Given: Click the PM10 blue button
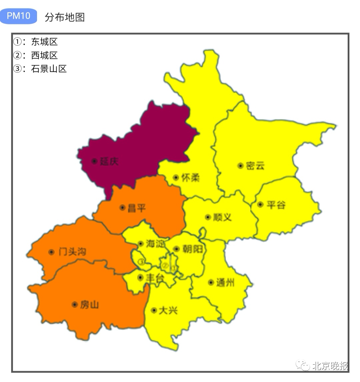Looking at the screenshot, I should [18, 16].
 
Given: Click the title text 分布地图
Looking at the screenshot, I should [65, 17].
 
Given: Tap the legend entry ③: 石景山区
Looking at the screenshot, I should [40, 69].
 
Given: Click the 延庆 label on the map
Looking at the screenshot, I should [109, 161].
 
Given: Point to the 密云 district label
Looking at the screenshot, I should [255, 165].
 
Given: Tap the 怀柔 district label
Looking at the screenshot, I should [190, 177].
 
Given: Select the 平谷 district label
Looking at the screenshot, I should [276, 205].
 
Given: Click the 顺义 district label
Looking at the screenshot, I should [222, 217].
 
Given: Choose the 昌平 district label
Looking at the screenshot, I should [137, 208].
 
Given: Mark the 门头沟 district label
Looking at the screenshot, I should [72, 252].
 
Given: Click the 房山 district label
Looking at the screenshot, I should [89, 305].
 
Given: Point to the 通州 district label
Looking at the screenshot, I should [225, 283].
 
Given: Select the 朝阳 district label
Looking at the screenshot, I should [193, 249].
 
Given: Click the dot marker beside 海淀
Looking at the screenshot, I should [141, 244].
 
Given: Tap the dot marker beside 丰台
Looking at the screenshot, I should [140, 277].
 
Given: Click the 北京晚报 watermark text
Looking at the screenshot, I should [330, 366].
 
